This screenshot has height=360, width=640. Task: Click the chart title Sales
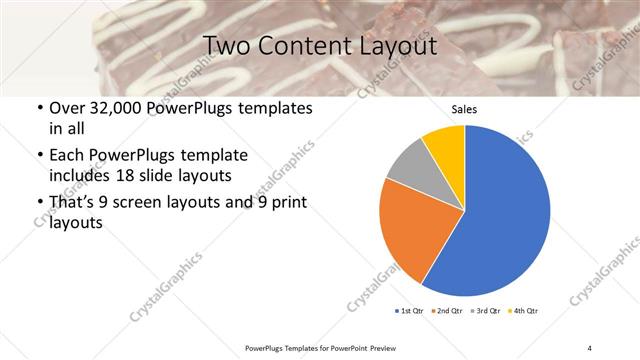pos(465,109)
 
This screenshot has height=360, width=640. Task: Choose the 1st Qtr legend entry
pos(409,311)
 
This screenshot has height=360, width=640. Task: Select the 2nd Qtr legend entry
pos(446,311)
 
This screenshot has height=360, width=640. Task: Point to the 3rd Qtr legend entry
pos(484,311)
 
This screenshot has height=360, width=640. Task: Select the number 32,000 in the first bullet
pos(116,107)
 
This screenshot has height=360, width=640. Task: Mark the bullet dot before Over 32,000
pos(38,108)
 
